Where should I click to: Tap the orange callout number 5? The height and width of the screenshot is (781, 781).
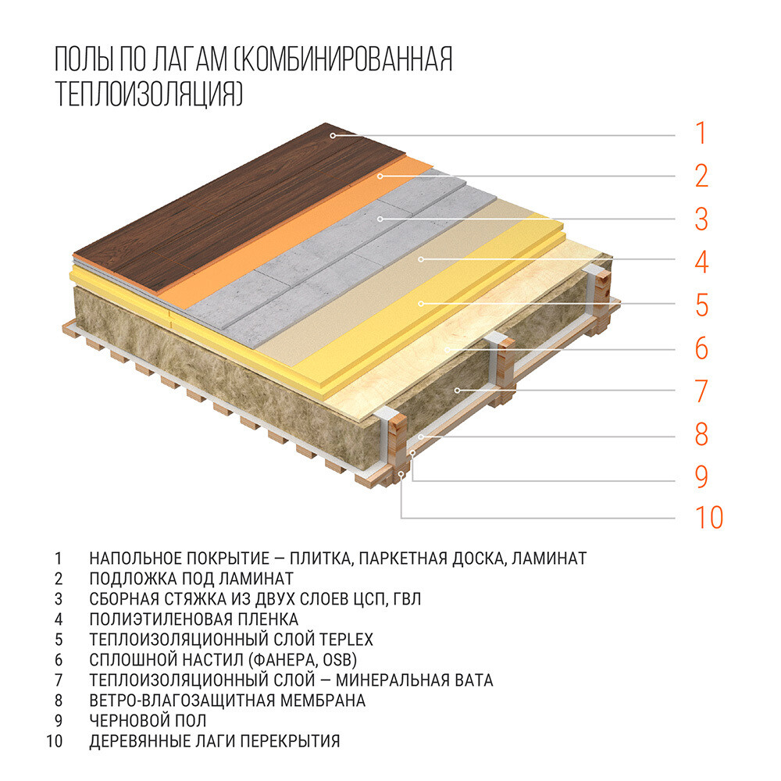702,305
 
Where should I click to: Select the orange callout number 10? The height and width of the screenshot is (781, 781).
709,518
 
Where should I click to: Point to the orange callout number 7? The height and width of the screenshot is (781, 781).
702,391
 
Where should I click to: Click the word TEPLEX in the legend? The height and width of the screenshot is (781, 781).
346,640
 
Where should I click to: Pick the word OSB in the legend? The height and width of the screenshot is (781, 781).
337,660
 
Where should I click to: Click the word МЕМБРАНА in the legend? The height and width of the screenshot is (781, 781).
323,701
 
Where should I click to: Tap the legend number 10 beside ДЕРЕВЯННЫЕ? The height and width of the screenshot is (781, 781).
55,741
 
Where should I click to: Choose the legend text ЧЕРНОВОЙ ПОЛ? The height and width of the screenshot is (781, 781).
148,721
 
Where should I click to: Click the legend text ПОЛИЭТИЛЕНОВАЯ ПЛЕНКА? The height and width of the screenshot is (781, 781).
194,619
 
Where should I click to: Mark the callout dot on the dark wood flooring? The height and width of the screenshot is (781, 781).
332,135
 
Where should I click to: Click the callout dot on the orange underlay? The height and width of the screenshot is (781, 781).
380,176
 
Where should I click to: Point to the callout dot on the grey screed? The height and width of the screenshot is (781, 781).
380,219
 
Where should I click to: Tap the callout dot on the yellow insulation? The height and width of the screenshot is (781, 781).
421,303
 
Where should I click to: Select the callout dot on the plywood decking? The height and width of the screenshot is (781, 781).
447,349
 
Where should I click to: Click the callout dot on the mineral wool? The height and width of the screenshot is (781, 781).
457,390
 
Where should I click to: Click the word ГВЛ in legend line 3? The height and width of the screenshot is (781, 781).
407,599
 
